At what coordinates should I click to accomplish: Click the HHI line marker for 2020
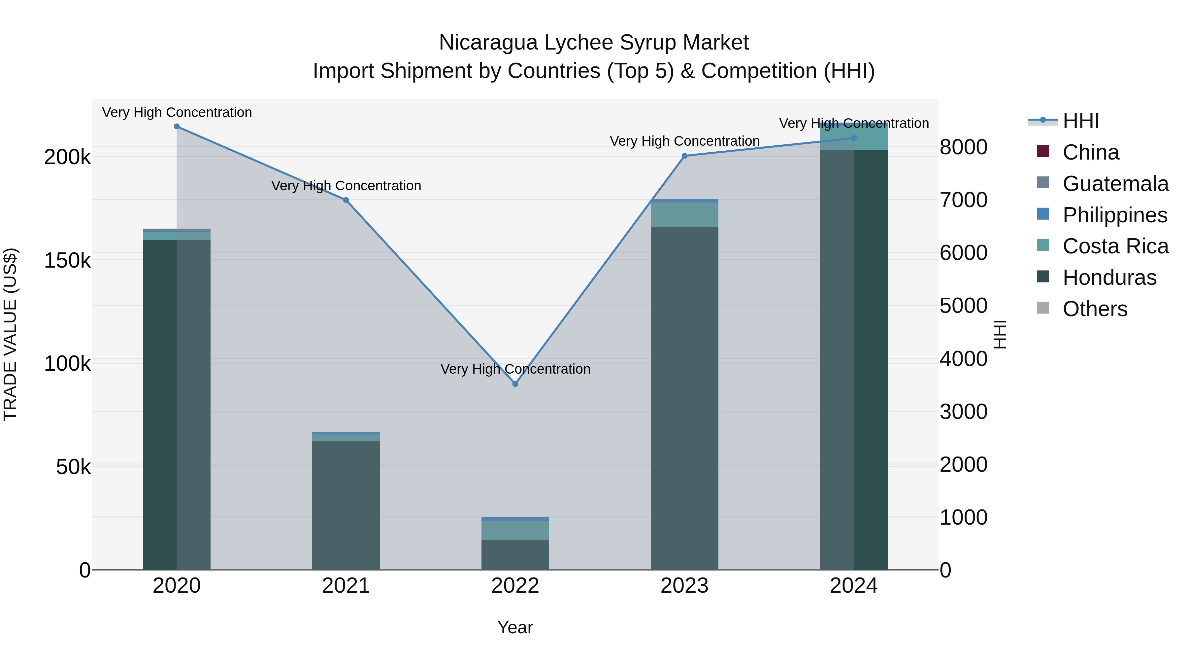pyautogui.click(x=177, y=127)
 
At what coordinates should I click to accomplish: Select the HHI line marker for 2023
pyautogui.click(x=684, y=156)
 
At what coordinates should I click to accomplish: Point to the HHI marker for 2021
pyautogui.click(x=346, y=200)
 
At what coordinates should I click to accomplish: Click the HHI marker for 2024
pyautogui.click(x=854, y=138)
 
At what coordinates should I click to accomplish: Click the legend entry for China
pyautogui.click(x=1090, y=152)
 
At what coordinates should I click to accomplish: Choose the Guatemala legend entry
pyautogui.click(x=1115, y=184)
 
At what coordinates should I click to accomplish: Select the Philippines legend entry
pyautogui.click(x=1115, y=215)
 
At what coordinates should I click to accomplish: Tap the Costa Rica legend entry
pyautogui.click(x=1115, y=246)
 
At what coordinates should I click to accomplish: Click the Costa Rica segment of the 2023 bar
pyautogui.click(x=684, y=215)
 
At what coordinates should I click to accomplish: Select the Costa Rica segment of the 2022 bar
pyautogui.click(x=515, y=530)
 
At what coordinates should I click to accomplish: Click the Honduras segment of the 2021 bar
pyautogui.click(x=346, y=505)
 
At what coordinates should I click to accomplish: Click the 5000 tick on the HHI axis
pyautogui.click(x=963, y=306)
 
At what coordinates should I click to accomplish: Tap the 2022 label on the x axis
pyautogui.click(x=515, y=586)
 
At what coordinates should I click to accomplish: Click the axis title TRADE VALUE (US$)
pyautogui.click(x=10, y=334)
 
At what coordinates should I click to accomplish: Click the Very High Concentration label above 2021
pyautogui.click(x=346, y=186)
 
